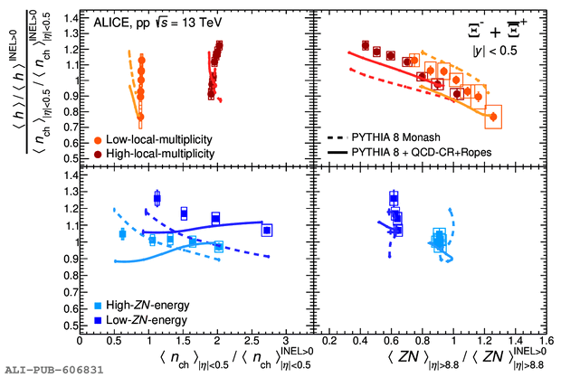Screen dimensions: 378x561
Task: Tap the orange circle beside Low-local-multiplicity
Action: pos(98,141)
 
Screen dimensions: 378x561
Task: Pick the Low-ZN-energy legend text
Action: pos(149,320)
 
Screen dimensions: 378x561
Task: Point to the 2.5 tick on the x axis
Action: pos(252,339)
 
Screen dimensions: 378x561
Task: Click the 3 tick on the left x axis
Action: pos(286,339)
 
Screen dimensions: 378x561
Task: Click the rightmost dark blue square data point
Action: pos(267,230)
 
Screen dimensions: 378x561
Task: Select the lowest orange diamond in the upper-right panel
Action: pos(493,117)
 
